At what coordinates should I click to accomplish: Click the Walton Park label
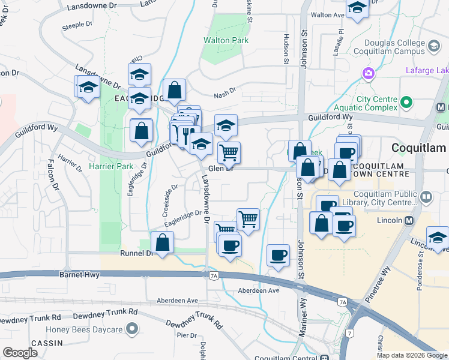(225, 40)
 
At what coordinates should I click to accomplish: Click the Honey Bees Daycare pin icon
(132, 329)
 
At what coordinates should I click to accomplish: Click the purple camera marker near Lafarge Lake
(368, 74)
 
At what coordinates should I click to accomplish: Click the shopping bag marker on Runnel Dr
(162, 243)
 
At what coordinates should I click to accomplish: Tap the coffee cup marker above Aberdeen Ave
(278, 255)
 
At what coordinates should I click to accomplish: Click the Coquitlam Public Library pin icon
(426, 196)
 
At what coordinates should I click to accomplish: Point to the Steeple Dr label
(78, 26)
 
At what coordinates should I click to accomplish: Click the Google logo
(20, 353)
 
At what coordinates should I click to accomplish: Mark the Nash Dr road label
(225, 94)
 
